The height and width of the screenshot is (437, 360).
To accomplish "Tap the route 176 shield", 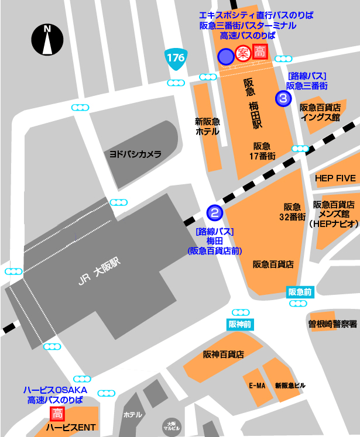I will [x=175, y=58].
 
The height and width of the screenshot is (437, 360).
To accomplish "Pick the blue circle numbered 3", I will [x=284, y=98].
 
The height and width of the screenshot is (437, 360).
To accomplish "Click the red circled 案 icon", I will [x=243, y=54].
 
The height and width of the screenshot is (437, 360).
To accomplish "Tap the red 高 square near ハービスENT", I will [x=57, y=414].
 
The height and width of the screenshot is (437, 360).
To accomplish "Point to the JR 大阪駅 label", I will [x=98, y=271].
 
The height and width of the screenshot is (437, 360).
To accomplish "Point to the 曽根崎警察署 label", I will [x=332, y=323].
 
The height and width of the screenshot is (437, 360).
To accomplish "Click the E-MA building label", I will [x=257, y=386].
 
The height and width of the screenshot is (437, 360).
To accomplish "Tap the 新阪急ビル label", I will [x=290, y=386].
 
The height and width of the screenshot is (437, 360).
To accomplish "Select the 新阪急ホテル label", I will [x=207, y=126].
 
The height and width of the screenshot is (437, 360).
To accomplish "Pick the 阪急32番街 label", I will [x=293, y=211].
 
